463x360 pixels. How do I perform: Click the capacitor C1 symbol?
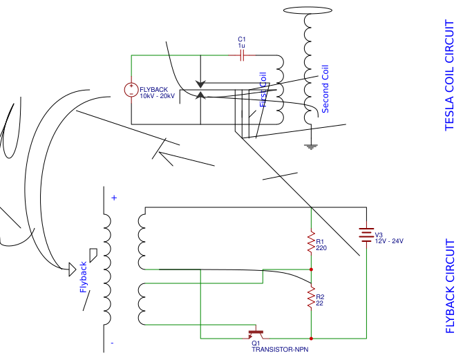(x=242, y=56)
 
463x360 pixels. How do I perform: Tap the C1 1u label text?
(x=242, y=42)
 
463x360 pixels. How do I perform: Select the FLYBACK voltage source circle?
(x=131, y=90)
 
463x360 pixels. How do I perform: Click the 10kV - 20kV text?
(x=158, y=97)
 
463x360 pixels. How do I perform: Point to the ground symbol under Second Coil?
(x=311, y=146)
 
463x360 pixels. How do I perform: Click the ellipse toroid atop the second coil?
(x=311, y=12)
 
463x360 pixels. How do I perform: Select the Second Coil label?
(x=325, y=89)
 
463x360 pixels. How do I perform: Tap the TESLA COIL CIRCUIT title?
(x=450, y=75)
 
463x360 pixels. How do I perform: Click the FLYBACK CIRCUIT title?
(x=450, y=287)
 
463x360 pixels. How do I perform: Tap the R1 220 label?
(x=321, y=244)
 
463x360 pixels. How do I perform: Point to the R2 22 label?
(x=320, y=300)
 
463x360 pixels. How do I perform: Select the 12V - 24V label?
(x=389, y=240)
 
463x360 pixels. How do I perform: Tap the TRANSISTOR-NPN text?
(x=279, y=350)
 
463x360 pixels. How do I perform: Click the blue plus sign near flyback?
(x=114, y=198)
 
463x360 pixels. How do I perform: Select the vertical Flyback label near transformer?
(x=84, y=277)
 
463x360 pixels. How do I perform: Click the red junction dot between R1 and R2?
(x=311, y=269)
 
